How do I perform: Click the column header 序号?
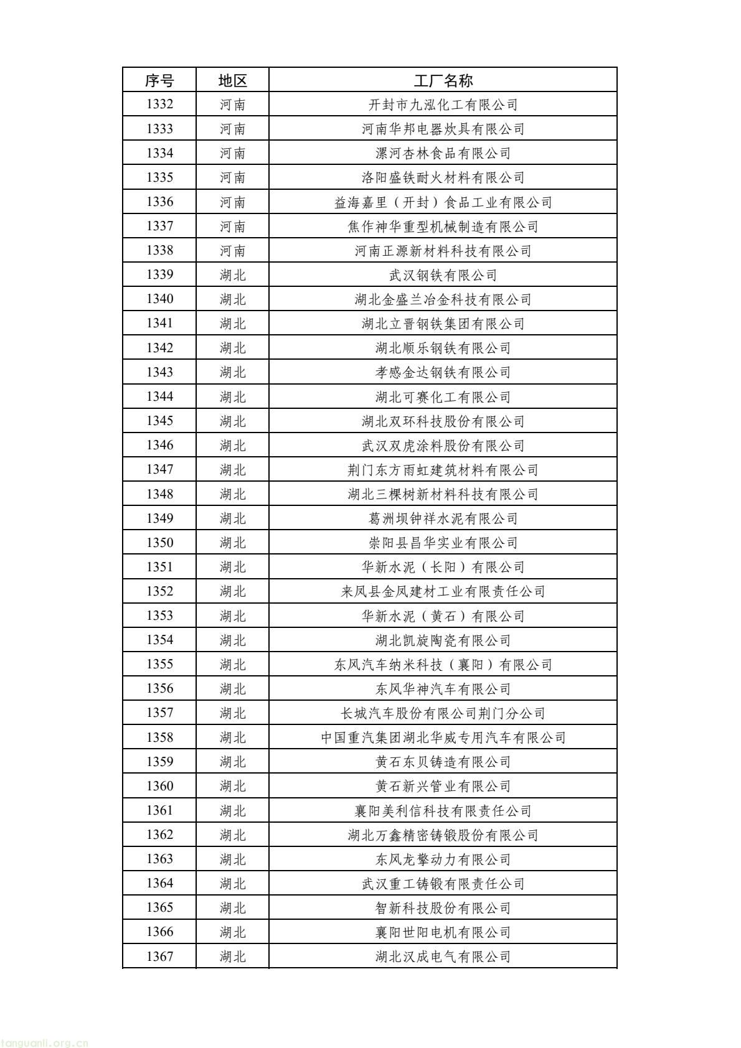(x=159, y=80)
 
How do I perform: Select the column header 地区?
(x=232, y=80)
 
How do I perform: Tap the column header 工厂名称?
(x=443, y=80)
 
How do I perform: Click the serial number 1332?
(x=159, y=105)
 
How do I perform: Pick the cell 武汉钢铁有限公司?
(x=443, y=274)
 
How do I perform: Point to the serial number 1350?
(x=159, y=542)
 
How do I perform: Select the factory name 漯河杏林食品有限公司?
(x=443, y=153)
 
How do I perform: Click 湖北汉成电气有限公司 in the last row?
(x=443, y=956)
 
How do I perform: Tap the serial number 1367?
(x=159, y=956)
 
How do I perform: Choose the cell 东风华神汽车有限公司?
(x=443, y=688)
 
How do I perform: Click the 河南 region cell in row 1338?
(x=232, y=250)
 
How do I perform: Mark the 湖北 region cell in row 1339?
(x=232, y=274)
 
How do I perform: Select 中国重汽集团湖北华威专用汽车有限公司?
(x=443, y=737)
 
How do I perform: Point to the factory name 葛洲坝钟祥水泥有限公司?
(x=443, y=518)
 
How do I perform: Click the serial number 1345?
(x=159, y=421)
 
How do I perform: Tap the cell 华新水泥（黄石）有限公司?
(x=443, y=615)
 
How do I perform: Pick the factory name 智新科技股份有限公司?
(x=443, y=907)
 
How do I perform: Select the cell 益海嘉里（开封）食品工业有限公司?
(x=443, y=202)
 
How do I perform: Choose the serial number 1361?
(x=159, y=810)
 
